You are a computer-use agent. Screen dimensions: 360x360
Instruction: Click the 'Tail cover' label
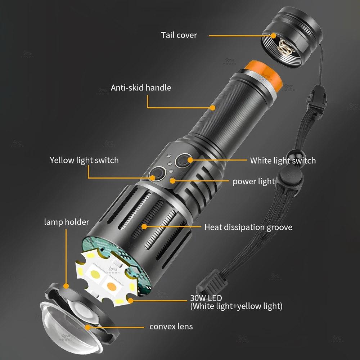[x=179, y=35]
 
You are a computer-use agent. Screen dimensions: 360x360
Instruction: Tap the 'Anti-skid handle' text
[x=141, y=88]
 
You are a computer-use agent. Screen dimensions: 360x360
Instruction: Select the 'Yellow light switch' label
[x=84, y=160]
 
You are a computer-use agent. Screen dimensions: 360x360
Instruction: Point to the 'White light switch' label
[x=283, y=161]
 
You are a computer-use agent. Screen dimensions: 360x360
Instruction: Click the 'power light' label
[x=254, y=181]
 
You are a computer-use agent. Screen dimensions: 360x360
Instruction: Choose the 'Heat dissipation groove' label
[x=248, y=227]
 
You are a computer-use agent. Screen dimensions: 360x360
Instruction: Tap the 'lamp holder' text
[x=67, y=222]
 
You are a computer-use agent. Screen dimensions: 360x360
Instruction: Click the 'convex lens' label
[x=171, y=327]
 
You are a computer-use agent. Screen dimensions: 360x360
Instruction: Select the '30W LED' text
[x=206, y=298]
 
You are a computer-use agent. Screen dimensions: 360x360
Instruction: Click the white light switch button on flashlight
[x=183, y=160]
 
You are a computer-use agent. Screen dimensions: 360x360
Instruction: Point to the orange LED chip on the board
[x=112, y=286]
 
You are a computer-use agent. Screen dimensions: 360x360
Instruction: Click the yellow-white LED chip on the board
[x=95, y=274]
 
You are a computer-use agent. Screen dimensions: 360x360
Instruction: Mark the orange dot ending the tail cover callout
[x=273, y=36]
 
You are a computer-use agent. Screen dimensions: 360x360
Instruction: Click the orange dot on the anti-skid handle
[x=213, y=108]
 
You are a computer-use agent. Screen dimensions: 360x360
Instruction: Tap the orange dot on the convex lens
[x=87, y=327]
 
